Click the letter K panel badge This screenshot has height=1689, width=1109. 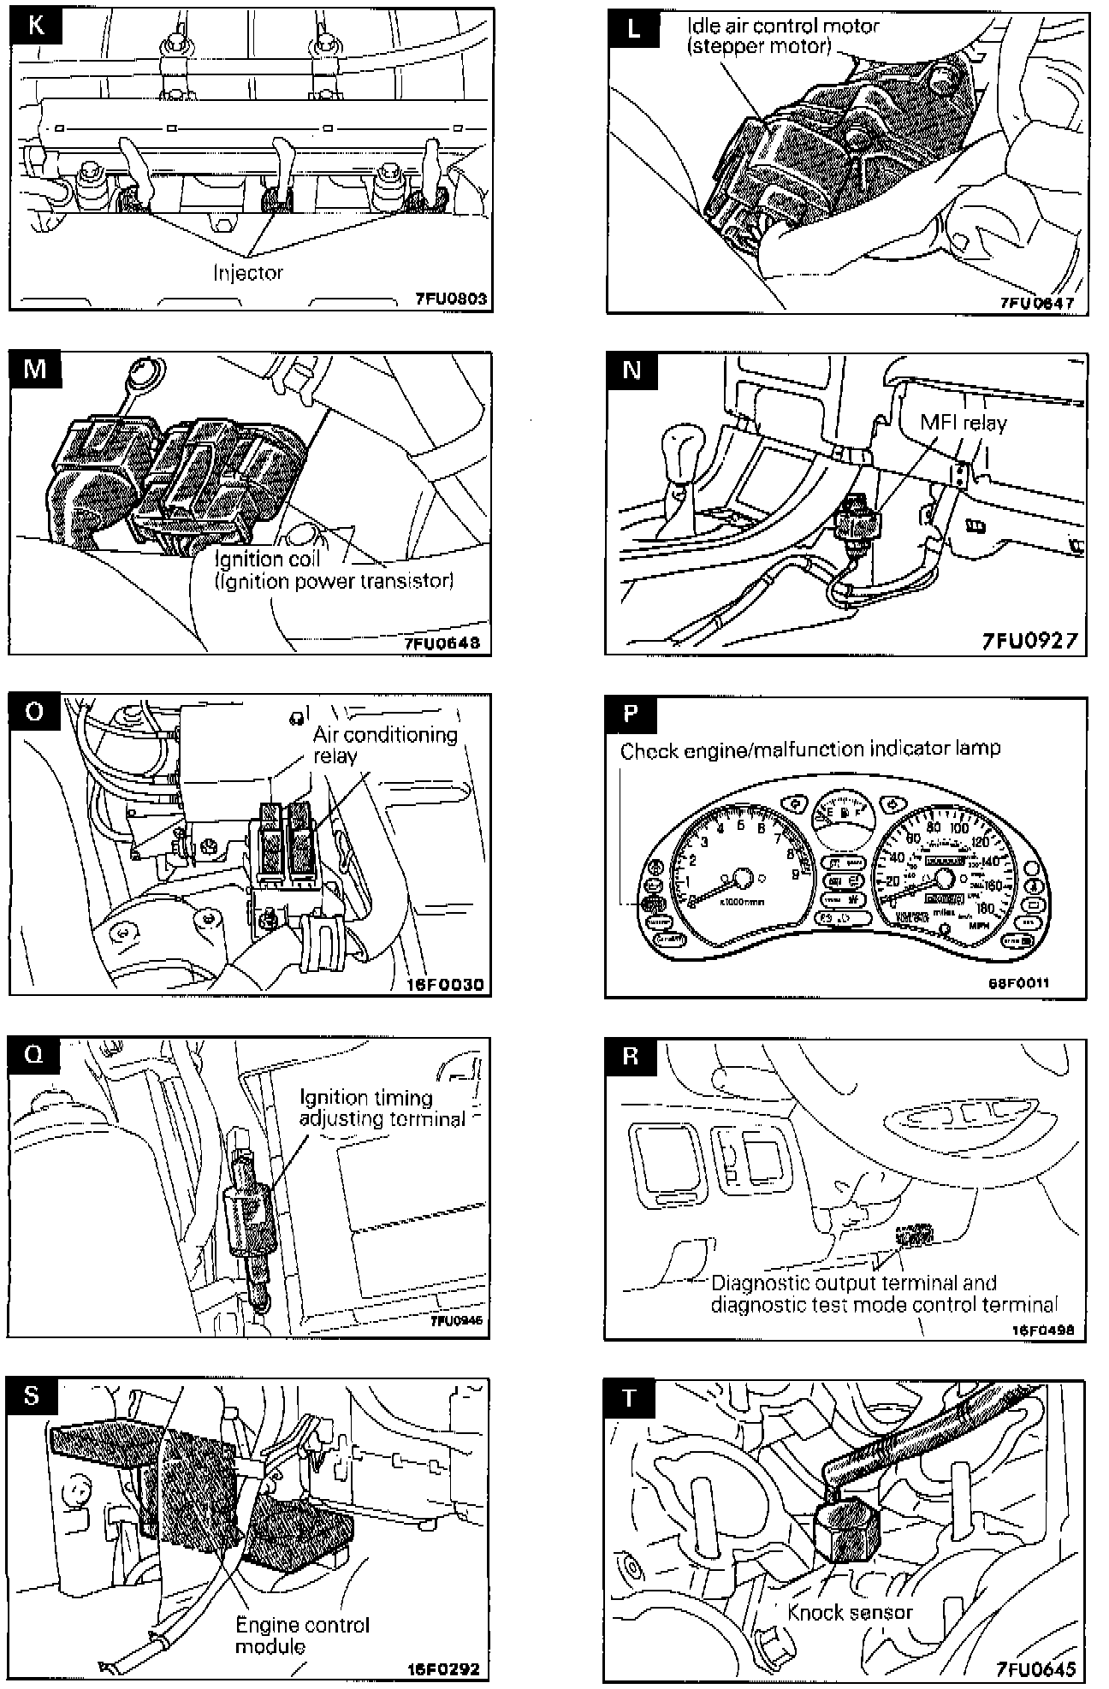35,27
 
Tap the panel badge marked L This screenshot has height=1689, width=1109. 632,28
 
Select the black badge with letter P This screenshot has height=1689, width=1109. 632,714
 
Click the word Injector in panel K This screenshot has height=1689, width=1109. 248,273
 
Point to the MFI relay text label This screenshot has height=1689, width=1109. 964,423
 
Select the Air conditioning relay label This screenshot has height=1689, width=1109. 384,744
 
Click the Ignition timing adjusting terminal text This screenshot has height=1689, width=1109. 382,1107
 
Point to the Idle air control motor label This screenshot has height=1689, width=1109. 783,36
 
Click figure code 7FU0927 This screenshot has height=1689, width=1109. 1029,640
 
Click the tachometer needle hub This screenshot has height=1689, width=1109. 741,876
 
